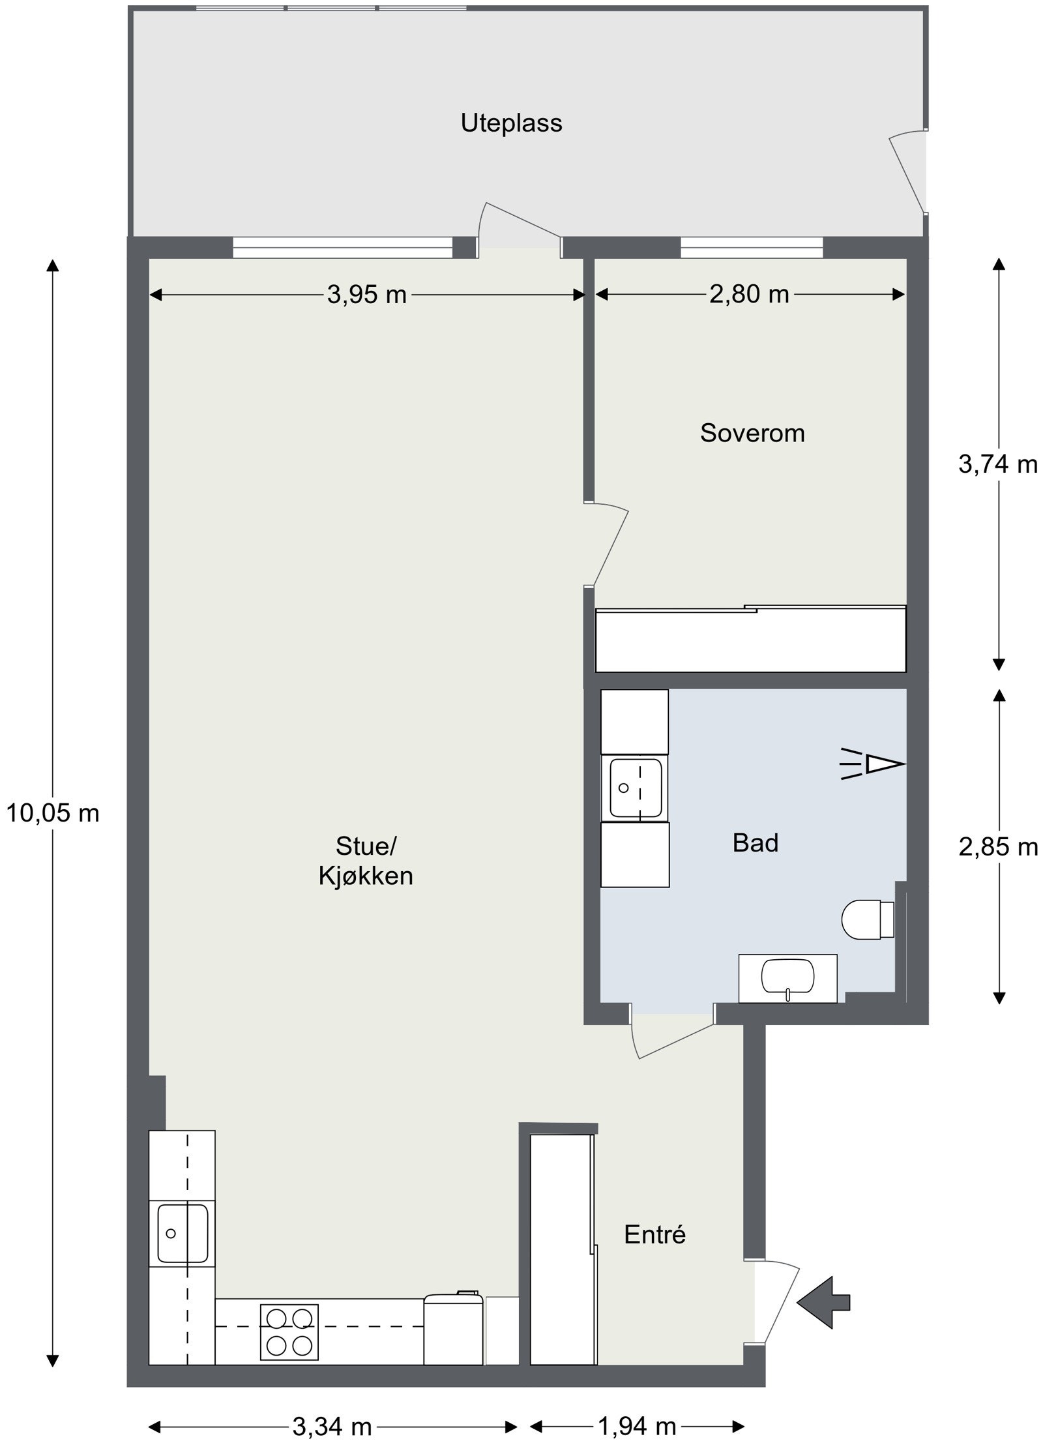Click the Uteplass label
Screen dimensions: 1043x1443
click(511, 123)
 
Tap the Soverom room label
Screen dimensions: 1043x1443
click(752, 433)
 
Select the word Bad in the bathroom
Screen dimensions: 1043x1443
click(755, 842)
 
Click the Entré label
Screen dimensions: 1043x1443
click(654, 1234)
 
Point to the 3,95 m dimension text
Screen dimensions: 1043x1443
click(366, 295)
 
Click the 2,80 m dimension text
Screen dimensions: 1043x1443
click(749, 295)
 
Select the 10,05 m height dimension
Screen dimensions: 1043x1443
click(53, 813)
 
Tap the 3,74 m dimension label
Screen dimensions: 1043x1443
click(997, 464)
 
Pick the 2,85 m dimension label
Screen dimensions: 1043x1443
click(998, 847)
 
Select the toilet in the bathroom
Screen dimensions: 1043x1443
click(868, 919)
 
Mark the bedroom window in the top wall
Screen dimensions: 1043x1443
click(752, 248)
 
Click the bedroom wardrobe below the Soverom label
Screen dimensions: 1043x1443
click(751, 639)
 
